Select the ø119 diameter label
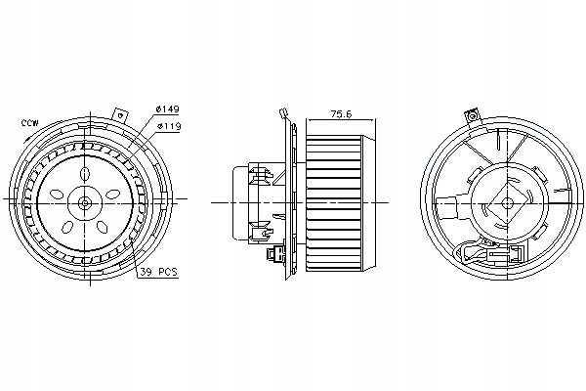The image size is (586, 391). (x=167, y=126)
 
